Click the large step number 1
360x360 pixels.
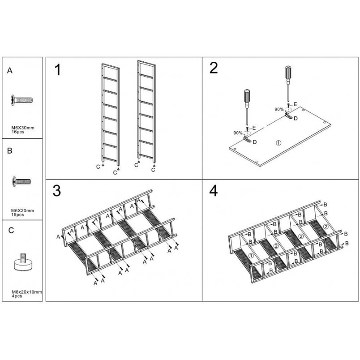point(58,70)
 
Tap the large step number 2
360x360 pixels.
point(214,68)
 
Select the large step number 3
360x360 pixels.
point(57,191)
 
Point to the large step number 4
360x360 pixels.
point(214,191)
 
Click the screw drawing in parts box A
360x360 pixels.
point(22,100)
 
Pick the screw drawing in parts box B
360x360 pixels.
point(21,182)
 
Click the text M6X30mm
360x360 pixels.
point(23,128)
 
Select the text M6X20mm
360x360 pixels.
point(22,210)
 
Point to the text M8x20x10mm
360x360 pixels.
point(27,292)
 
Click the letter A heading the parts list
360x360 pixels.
point(10,70)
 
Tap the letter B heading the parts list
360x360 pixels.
point(10,151)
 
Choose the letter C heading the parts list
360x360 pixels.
point(11,230)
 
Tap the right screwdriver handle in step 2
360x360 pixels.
point(288,73)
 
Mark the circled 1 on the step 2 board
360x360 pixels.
point(278,143)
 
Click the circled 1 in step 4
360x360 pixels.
point(251,255)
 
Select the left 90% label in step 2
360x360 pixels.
point(238,133)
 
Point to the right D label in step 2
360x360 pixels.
point(296,119)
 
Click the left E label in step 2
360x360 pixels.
point(254,128)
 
